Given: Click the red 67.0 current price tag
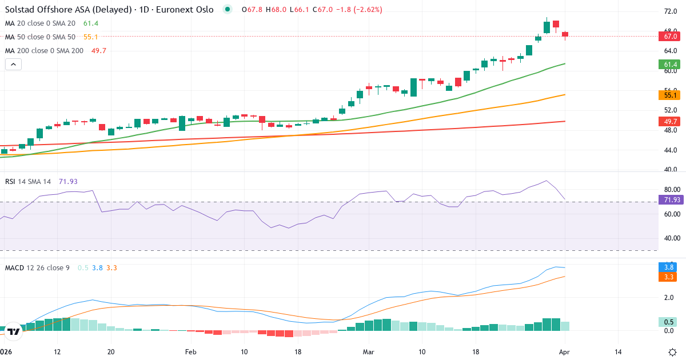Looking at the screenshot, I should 671,36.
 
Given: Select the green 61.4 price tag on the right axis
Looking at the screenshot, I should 671,65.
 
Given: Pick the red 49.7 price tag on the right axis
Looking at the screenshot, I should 671,121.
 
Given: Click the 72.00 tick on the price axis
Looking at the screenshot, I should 671,11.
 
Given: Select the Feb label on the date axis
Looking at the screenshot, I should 190,351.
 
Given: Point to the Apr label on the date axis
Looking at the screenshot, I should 565,351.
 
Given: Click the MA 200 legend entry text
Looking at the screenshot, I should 45,50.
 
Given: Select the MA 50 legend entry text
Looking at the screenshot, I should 40,37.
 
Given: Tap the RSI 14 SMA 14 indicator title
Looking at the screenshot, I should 28,181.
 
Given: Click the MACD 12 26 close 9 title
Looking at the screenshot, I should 38,267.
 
